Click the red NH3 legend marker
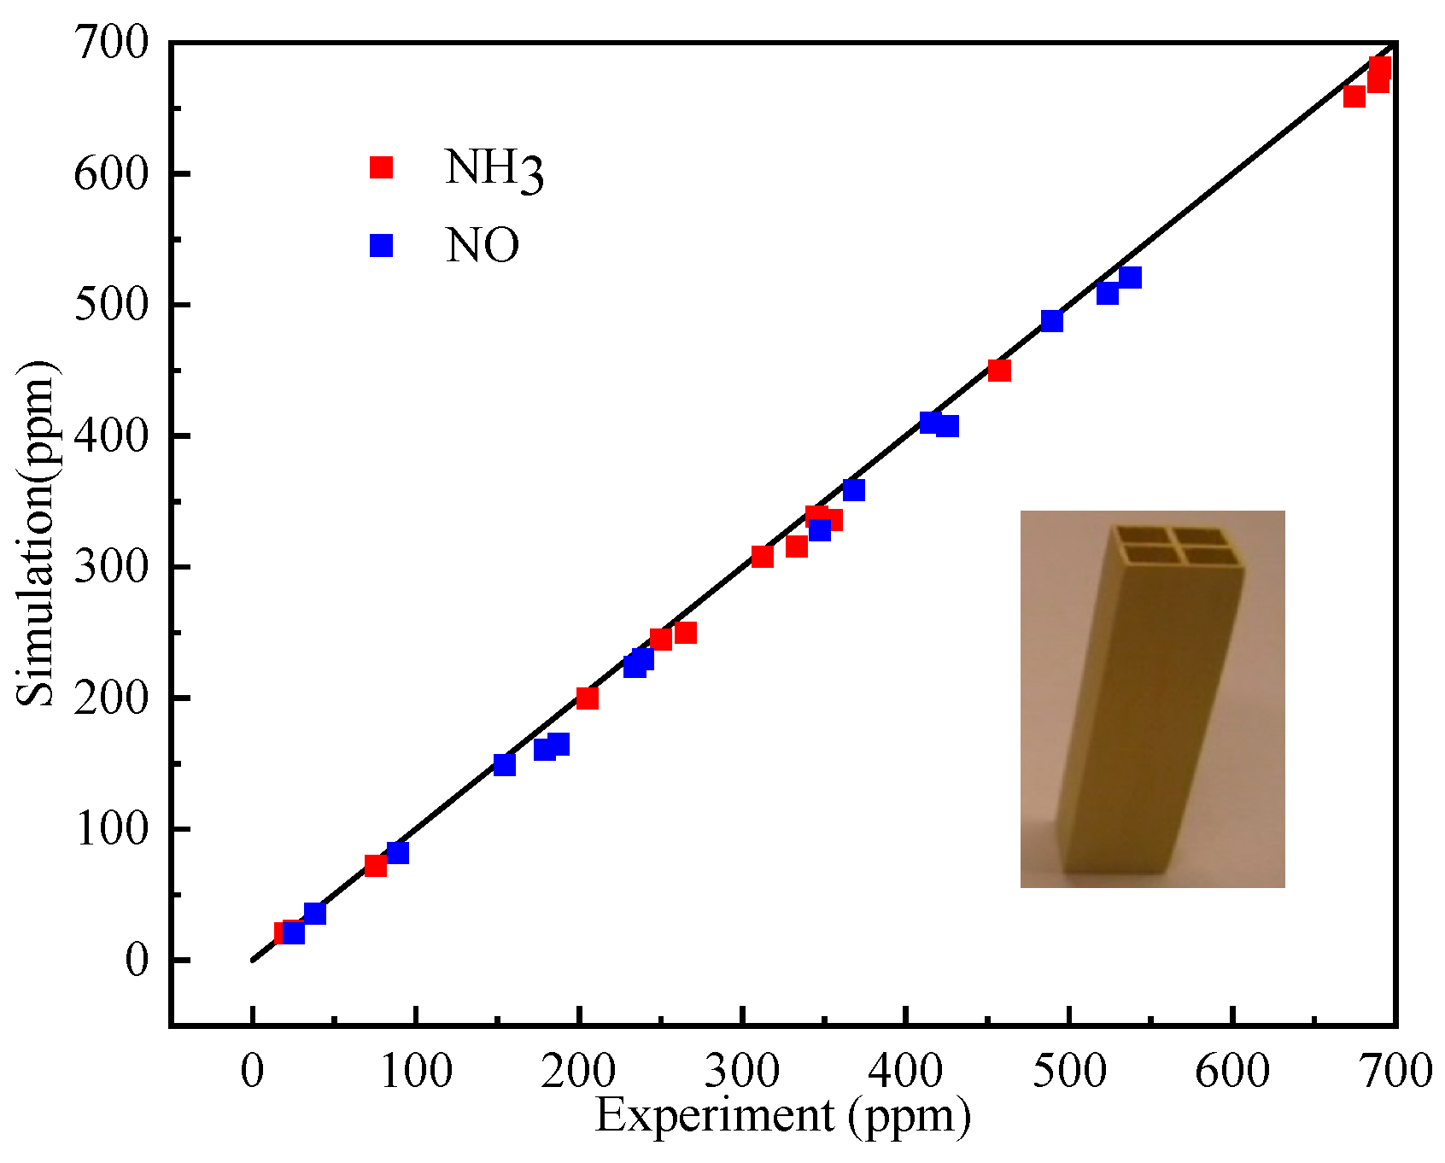tap(381, 167)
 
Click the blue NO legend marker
tap(381, 245)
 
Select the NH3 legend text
tap(494, 169)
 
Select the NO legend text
tap(483, 246)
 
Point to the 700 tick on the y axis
tap(111, 43)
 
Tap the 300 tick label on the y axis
tap(111, 567)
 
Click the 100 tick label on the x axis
tap(416, 1071)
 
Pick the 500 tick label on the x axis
tap(1069, 1071)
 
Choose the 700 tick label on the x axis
tap(1395, 1071)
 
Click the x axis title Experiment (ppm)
tap(782, 1115)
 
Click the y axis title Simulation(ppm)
tap(36, 534)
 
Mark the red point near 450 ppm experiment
tap(999, 371)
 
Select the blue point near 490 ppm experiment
tap(1052, 321)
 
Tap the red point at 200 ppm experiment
tap(588, 698)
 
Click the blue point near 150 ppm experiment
tap(505, 765)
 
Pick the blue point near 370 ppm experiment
tap(854, 490)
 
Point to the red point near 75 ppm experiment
tap(376, 866)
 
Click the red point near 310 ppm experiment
tap(763, 557)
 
